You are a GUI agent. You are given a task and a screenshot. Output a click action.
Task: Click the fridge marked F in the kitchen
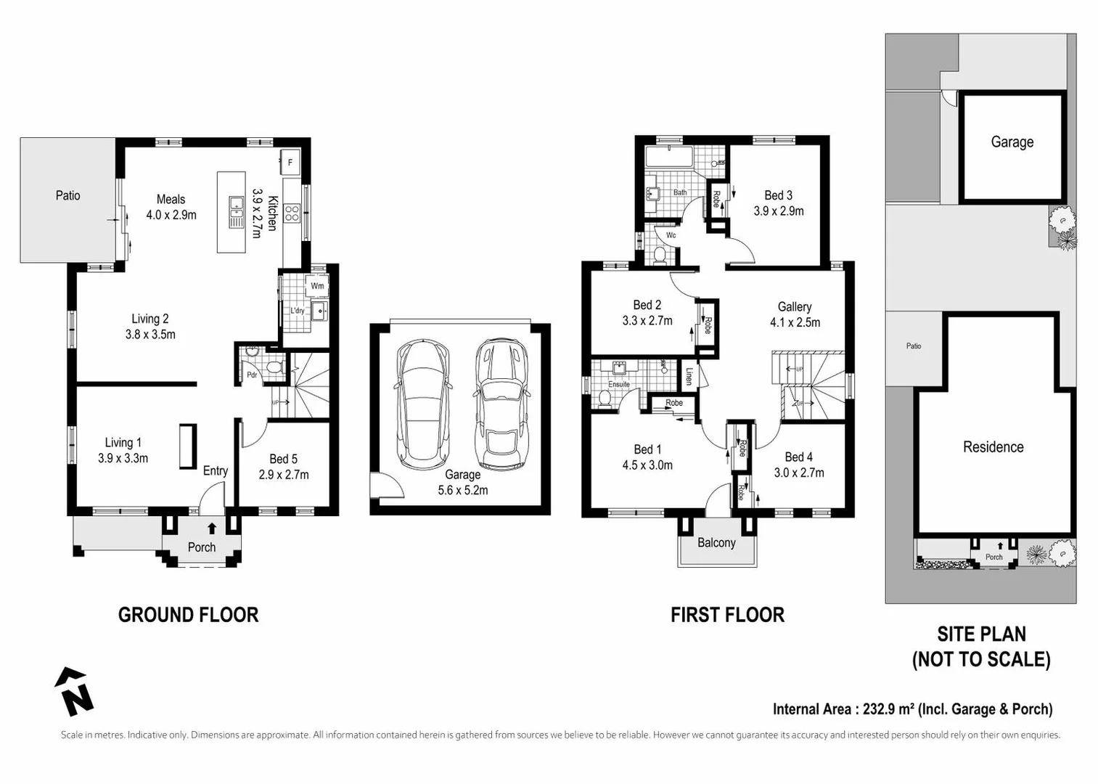tap(290, 162)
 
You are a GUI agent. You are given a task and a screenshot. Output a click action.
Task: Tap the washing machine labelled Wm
tap(316, 286)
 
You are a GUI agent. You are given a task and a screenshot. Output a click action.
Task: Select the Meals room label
tap(171, 199)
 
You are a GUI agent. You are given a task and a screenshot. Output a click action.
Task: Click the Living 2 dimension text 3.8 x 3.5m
tap(150, 335)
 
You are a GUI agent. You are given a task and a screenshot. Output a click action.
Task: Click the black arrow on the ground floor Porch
tap(212, 528)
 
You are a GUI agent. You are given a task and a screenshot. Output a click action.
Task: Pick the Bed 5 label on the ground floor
tap(283, 459)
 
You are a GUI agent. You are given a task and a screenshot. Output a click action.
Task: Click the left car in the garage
tap(422, 404)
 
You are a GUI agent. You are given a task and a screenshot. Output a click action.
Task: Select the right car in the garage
tap(501, 404)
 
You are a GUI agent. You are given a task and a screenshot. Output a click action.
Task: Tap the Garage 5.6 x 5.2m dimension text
tap(463, 490)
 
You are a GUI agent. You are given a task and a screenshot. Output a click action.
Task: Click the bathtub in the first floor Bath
tap(669, 157)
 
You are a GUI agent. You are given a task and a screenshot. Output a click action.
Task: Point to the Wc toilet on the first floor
tap(660, 255)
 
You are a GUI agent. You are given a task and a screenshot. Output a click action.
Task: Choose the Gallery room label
tap(794, 307)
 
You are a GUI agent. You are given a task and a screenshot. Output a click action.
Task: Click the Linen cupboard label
tap(689, 376)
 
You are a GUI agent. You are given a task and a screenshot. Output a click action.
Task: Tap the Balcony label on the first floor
tap(716, 543)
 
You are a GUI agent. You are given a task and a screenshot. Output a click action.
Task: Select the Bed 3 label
tap(779, 195)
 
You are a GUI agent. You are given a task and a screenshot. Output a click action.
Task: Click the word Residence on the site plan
tap(993, 446)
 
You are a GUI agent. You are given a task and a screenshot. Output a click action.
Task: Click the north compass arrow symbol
tap(74, 692)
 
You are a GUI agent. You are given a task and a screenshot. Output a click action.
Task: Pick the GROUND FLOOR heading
tap(188, 615)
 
